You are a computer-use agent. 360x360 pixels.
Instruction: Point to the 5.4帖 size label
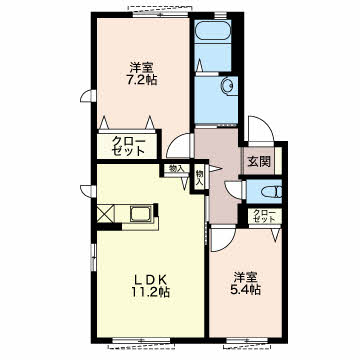click(245, 289)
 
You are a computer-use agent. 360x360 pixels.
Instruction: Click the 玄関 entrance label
click(259, 162)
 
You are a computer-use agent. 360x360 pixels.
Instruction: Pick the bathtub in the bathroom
click(213, 30)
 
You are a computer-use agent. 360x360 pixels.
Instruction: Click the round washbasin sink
click(229, 86)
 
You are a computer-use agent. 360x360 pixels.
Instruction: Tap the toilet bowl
click(271, 192)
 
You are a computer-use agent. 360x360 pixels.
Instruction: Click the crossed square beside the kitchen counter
click(106, 214)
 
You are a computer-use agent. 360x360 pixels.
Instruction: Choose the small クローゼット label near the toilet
click(264, 216)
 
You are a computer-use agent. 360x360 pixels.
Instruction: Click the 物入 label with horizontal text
click(176, 169)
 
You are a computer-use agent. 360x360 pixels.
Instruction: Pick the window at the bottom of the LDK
click(141, 341)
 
